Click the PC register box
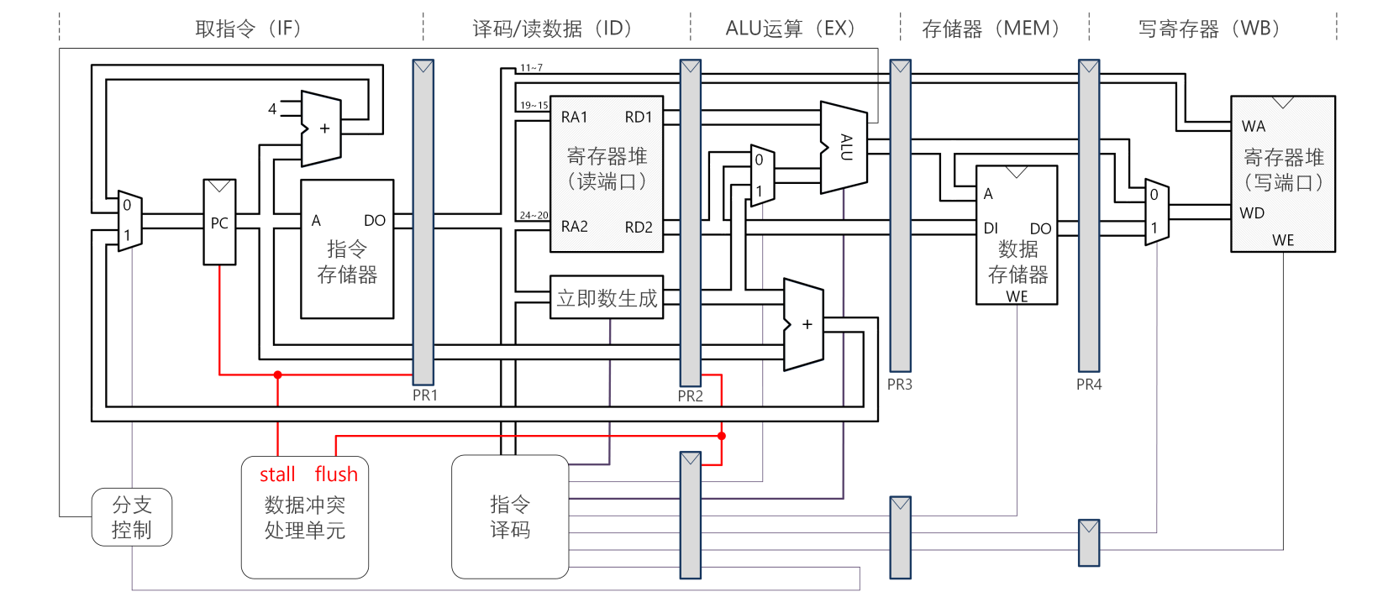pyautogui.click(x=219, y=222)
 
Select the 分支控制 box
pyautogui.click(x=132, y=517)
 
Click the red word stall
pyautogui.click(x=277, y=474)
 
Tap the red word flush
pyautogui.click(x=336, y=474)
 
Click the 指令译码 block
pyautogui.click(x=510, y=516)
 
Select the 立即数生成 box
pyautogui.click(x=607, y=298)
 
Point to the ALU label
pyautogui.click(x=846, y=147)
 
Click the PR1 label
pyautogui.click(x=425, y=395)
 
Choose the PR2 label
pyautogui.click(x=691, y=395)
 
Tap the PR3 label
pyautogui.click(x=900, y=384)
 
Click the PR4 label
pyautogui.click(x=1089, y=384)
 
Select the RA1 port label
pyautogui.click(x=575, y=117)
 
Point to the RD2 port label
pyautogui.click(x=639, y=227)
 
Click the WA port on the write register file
pyautogui.click(x=1254, y=126)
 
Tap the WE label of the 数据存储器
pyautogui.click(x=1017, y=296)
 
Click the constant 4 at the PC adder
pyautogui.click(x=272, y=108)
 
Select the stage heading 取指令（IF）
pyautogui.click(x=249, y=29)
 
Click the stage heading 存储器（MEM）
pyautogui.click(x=991, y=29)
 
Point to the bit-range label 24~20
pyautogui.click(x=534, y=215)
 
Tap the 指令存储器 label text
pyautogui.click(x=347, y=261)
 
